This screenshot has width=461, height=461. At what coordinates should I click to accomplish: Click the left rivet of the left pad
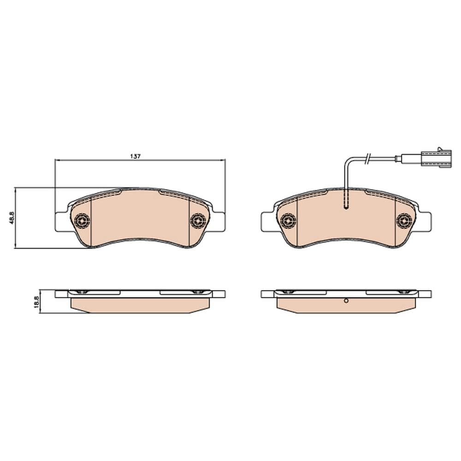(x=83, y=221)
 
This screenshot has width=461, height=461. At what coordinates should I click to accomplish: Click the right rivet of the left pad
(x=198, y=221)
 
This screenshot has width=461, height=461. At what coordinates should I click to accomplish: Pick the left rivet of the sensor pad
(x=289, y=221)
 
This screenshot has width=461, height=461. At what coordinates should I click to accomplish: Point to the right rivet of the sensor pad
(x=404, y=221)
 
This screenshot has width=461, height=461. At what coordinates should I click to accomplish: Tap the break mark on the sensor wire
(x=367, y=159)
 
